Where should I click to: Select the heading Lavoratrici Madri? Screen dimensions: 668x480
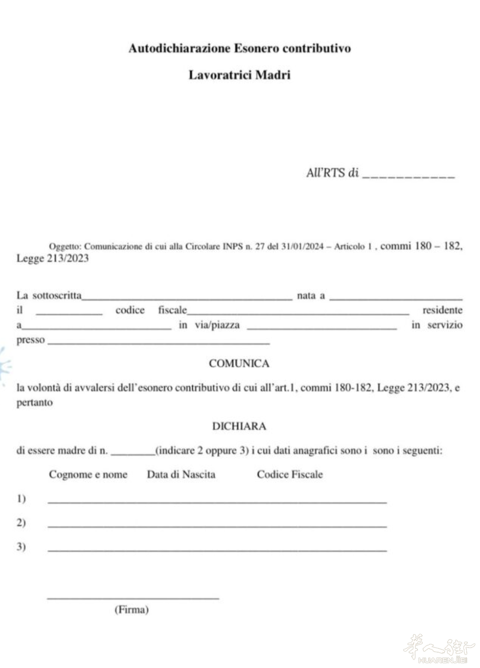tap(239, 75)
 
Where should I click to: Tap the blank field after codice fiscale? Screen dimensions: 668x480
tap(298, 311)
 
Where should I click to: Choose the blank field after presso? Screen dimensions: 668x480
tap(158, 341)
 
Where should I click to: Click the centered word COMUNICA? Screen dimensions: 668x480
tap(239, 364)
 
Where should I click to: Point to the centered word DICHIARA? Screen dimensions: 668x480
tap(239, 426)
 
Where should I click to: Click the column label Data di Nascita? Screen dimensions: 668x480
tap(181, 475)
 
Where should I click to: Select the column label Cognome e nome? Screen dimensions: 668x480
tap(88, 475)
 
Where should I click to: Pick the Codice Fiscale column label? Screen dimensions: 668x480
tap(290, 475)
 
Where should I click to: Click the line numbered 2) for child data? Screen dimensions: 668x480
tap(217, 526)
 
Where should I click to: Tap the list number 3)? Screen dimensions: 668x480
tap(21, 547)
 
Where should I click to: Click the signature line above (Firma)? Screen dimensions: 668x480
tap(133, 597)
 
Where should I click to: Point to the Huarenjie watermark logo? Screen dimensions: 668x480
tap(440, 649)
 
